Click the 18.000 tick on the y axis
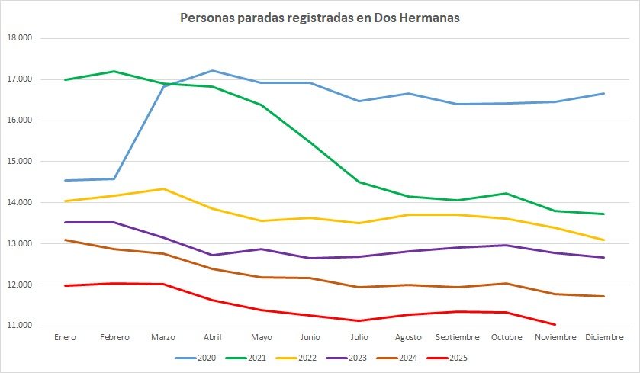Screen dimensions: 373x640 click(28, 38)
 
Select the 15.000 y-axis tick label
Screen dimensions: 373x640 click(28, 162)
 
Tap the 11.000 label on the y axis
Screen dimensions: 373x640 click(28, 326)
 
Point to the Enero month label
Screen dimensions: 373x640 click(66, 336)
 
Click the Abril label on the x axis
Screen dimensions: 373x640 click(213, 336)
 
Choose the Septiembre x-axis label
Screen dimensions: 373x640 click(457, 336)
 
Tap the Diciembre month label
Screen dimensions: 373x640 click(604, 336)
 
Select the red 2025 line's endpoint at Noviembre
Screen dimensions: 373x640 click(555, 324)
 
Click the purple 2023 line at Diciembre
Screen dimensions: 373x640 click(604, 257)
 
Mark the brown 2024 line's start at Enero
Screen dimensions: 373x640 click(66, 240)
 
